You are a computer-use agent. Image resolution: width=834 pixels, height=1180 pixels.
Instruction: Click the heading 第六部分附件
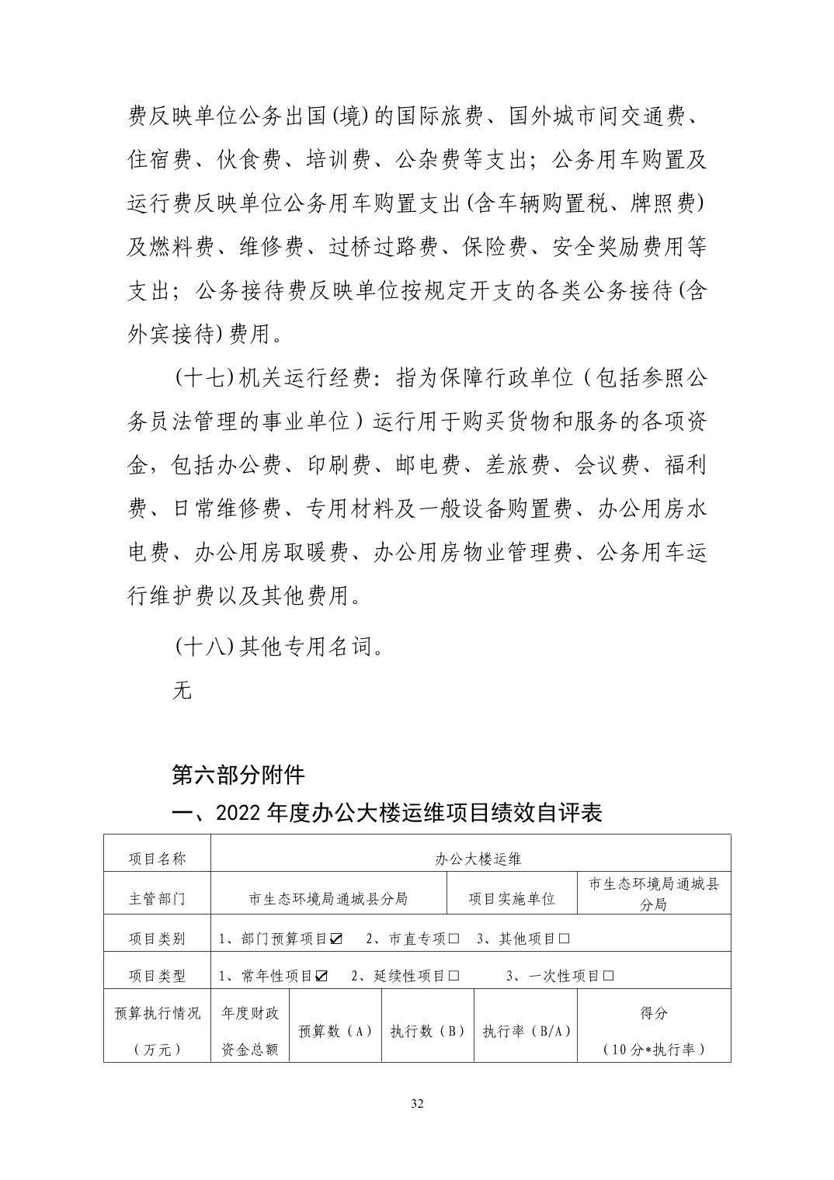238,774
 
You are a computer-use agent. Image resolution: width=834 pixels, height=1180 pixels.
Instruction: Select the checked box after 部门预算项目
336,939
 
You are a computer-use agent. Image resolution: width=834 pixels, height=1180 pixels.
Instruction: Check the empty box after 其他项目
564,939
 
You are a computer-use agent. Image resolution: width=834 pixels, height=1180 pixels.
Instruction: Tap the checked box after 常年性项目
321,976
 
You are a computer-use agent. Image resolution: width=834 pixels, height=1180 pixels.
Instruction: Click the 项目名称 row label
157,859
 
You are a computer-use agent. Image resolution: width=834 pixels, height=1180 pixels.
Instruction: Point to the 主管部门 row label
157,899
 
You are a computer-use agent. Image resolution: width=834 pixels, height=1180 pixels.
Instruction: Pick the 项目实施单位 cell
512,899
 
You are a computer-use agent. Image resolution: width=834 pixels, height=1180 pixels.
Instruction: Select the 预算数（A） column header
335,1031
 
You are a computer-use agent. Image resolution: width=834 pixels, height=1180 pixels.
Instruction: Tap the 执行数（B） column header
427,1031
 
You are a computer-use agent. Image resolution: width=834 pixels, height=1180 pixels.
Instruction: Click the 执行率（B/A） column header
526,1031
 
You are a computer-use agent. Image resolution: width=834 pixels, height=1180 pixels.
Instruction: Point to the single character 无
181,689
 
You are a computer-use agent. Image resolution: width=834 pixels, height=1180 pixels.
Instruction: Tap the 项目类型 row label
157,976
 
